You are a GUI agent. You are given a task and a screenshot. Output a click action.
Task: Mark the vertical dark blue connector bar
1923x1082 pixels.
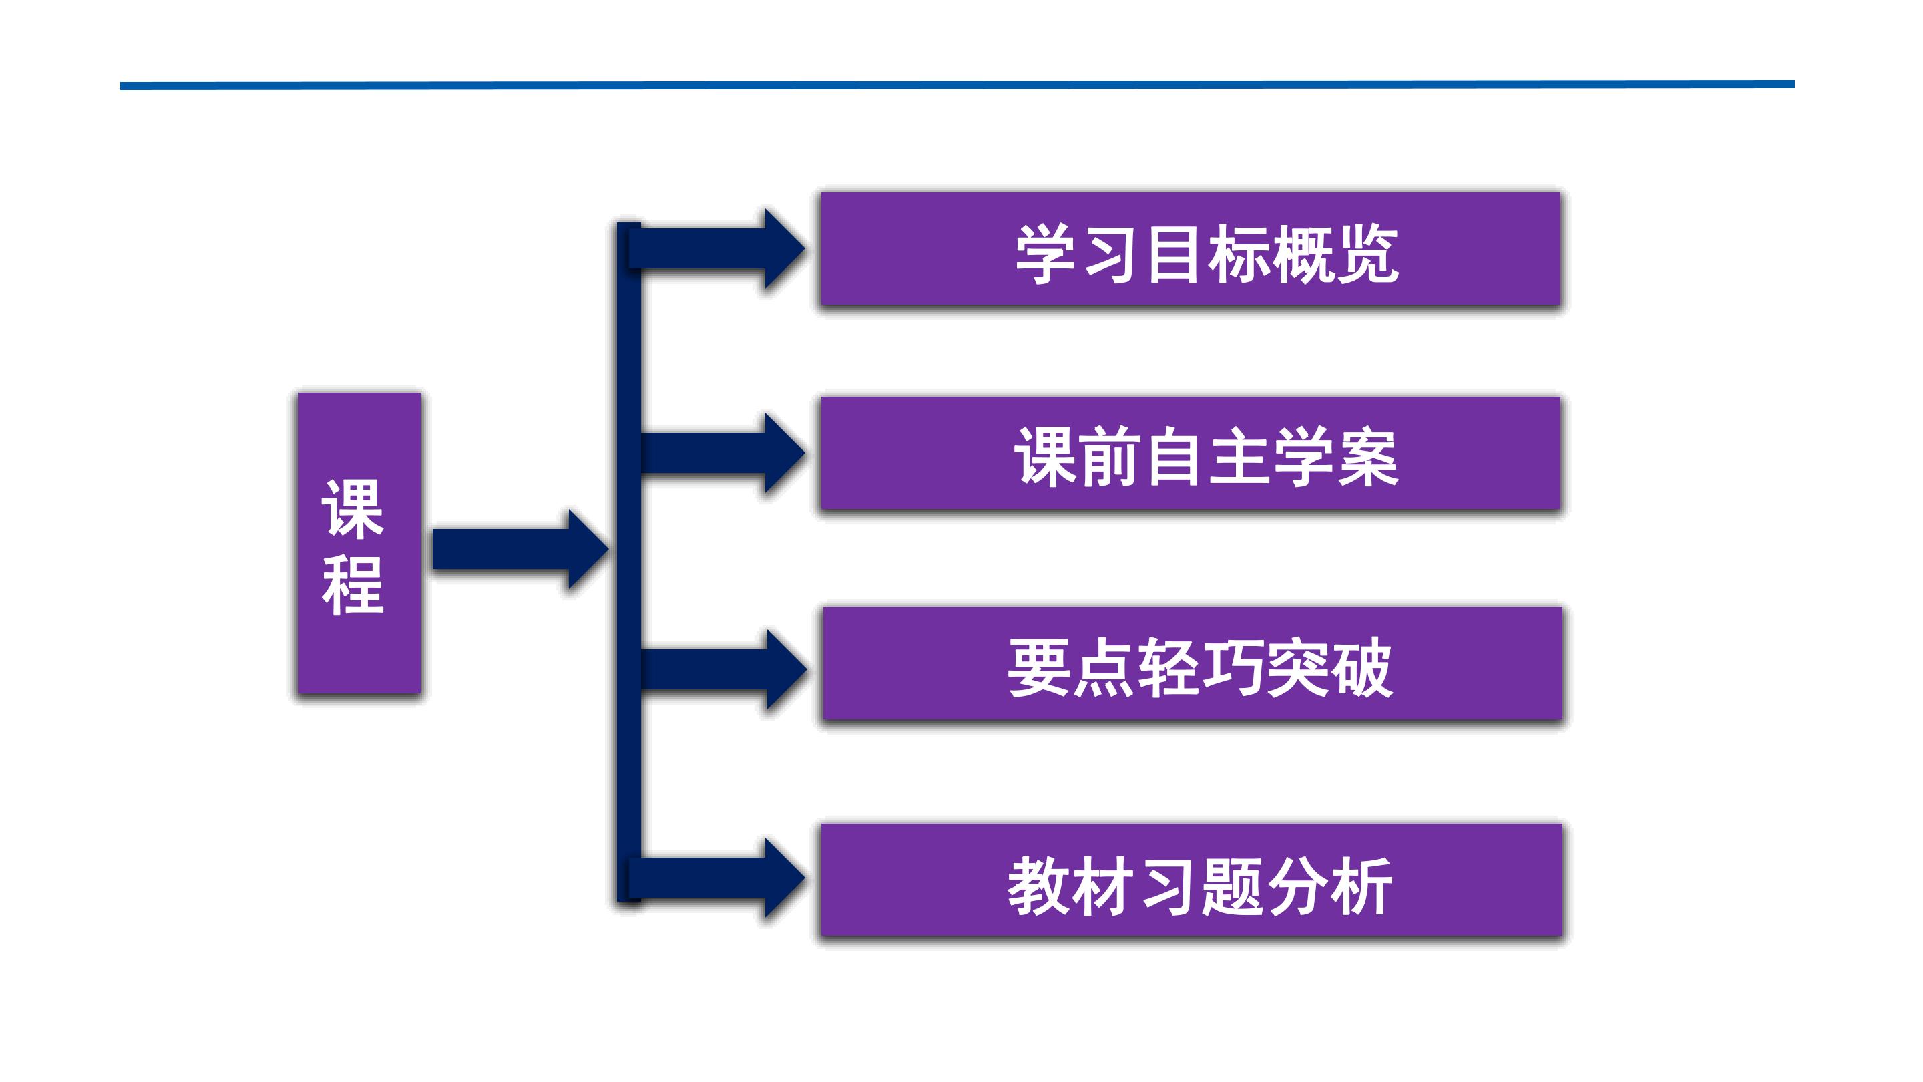(x=628, y=560)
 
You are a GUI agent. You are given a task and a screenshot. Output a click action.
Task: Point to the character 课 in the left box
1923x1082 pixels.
(x=353, y=508)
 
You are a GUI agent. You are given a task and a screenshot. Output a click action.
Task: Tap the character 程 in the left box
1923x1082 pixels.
(x=353, y=586)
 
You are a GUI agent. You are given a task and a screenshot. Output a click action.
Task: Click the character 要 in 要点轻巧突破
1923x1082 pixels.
(x=1038, y=668)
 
